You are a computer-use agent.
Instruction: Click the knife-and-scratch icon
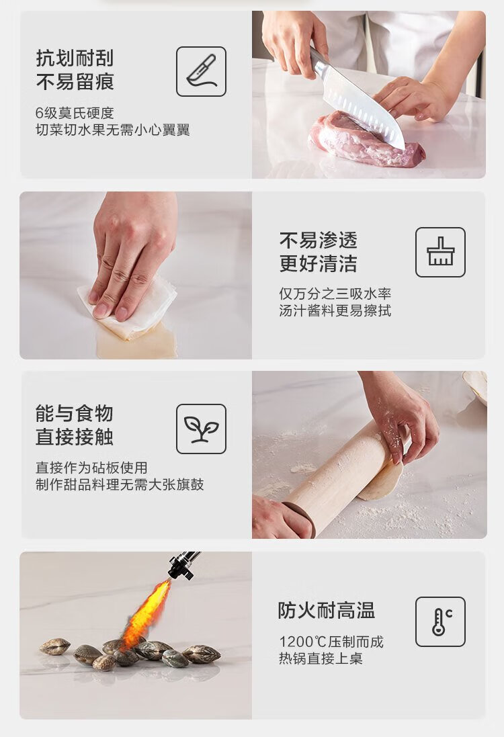click(x=201, y=71)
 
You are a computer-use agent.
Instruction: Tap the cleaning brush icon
click(x=441, y=252)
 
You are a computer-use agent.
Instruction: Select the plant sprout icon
click(x=201, y=429)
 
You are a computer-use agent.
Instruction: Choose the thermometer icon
click(x=441, y=622)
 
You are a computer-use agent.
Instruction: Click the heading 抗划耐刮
click(x=75, y=58)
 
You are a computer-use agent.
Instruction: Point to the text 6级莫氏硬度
click(x=75, y=113)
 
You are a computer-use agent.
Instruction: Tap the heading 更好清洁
click(x=319, y=263)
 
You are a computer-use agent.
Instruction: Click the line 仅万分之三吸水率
click(x=335, y=294)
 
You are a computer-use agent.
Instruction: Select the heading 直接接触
click(x=75, y=437)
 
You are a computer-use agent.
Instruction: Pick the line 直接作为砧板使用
click(x=91, y=468)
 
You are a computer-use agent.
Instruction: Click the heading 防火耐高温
click(x=327, y=611)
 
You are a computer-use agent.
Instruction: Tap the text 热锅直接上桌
click(x=321, y=658)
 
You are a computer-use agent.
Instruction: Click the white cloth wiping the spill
click(x=127, y=306)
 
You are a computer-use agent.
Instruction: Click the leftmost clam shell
click(x=55, y=647)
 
